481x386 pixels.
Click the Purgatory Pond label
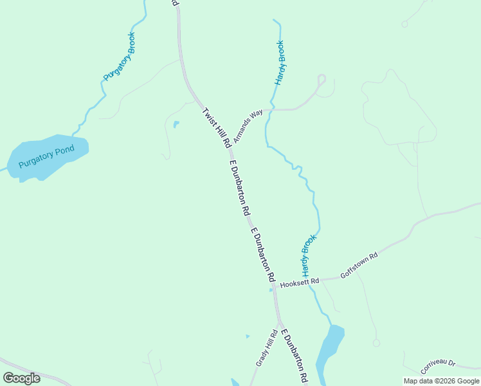point(46,156)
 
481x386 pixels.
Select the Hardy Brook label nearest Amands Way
point(280,63)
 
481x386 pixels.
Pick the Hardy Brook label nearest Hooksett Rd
point(309,253)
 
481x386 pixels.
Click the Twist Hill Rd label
point(217,128)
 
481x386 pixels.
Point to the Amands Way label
point(248,125)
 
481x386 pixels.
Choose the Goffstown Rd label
point(359,264)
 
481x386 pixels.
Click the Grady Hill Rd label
point(266,348)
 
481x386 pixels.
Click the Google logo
point(21,378)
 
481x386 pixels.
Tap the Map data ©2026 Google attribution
point(441,381)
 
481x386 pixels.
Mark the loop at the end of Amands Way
point(322,79)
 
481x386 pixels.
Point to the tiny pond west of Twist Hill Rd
point(176,124)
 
